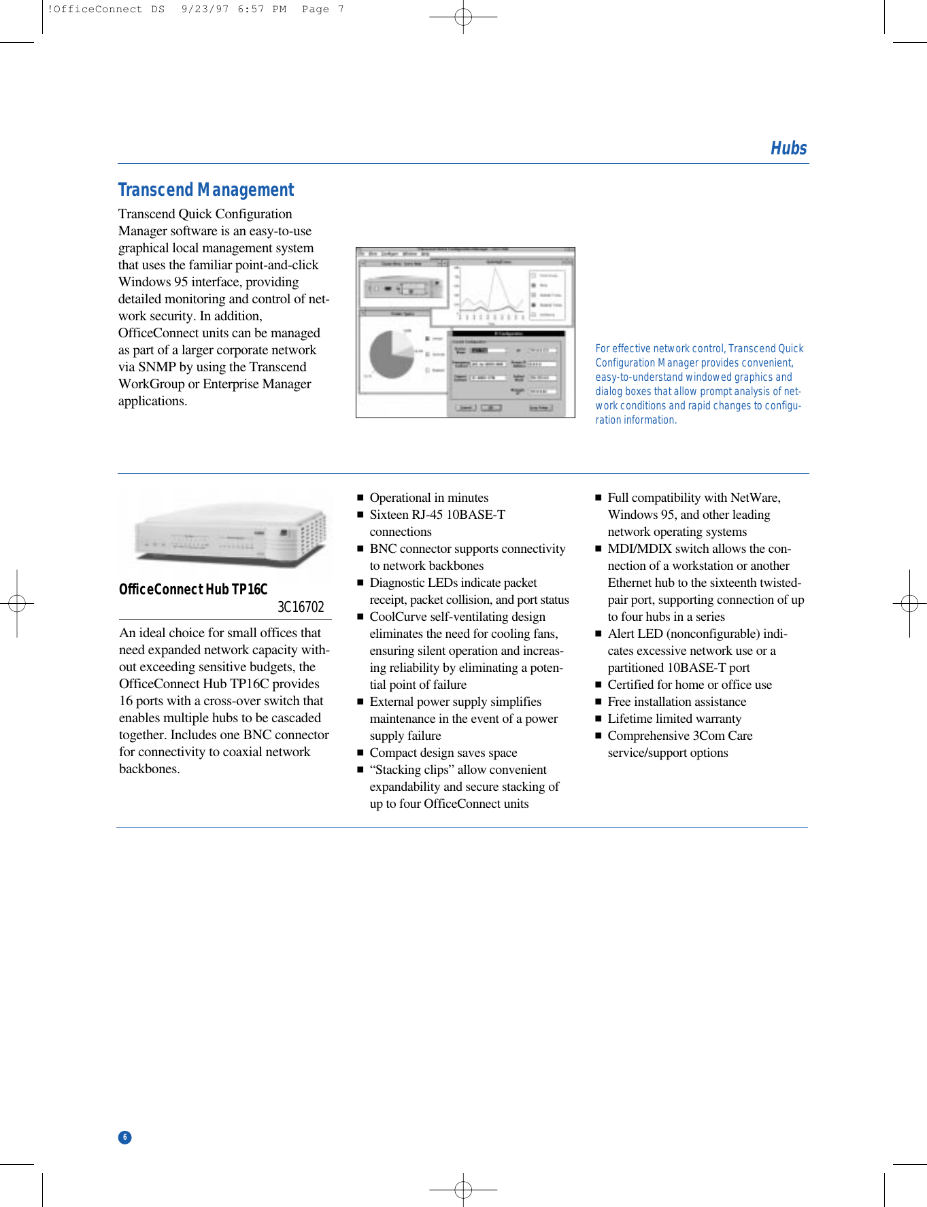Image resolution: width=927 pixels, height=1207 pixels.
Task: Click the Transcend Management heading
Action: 206,190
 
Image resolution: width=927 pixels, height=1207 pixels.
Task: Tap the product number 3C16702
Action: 300,607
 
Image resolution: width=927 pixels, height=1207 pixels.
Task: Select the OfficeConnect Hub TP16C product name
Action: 193,589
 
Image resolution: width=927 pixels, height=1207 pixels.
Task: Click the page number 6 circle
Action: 125,1137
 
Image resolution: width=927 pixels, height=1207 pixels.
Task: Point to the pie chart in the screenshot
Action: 392,354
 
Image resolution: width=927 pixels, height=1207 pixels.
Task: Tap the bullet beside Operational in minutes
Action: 360,498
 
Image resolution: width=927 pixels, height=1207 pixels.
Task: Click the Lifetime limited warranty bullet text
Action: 674,719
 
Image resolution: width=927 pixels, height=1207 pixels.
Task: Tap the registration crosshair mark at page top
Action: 463,16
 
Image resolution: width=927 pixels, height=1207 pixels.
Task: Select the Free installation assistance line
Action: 677,702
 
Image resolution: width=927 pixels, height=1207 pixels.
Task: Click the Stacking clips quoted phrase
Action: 411,770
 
